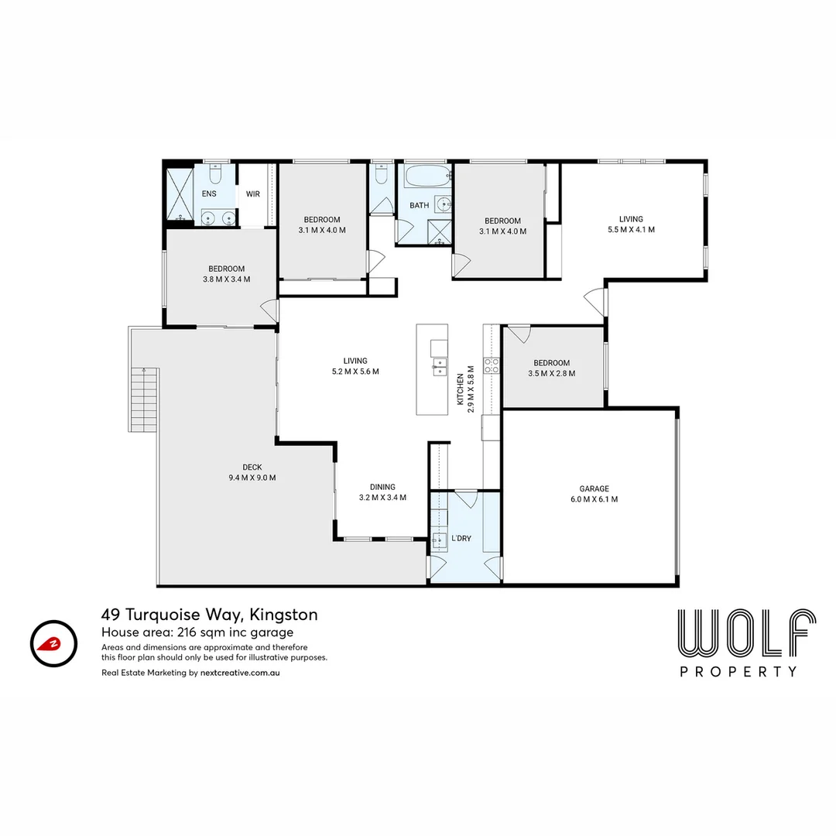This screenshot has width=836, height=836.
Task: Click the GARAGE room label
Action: (594, 488)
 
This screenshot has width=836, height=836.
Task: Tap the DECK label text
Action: (252, 467)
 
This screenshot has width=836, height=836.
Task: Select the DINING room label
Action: (382, 487)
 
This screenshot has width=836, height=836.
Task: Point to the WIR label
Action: (252, 194)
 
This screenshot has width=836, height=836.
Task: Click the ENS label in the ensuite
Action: (209, 194)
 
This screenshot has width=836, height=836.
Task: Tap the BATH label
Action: (419, 205)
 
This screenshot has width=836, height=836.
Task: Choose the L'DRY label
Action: (461, 539)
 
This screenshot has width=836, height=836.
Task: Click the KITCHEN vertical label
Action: (460, 389)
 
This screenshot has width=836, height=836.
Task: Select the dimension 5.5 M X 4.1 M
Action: (632, 230)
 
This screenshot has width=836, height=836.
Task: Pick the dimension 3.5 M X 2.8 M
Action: (551, 374)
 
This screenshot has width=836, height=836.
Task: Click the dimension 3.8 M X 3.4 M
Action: (226, 279)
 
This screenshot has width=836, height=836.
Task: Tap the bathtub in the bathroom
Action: (428, 176)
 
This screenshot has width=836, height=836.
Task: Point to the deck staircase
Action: (143, 399)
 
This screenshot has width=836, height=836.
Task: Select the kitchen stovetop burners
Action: (491, 365)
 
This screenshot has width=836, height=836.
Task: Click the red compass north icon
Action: (53, 643)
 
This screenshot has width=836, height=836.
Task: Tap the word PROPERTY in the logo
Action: (738, 672)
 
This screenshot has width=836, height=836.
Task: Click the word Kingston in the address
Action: (283, 615)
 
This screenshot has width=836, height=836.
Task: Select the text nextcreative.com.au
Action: (240, 673)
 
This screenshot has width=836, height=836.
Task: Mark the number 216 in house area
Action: (186, 632)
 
